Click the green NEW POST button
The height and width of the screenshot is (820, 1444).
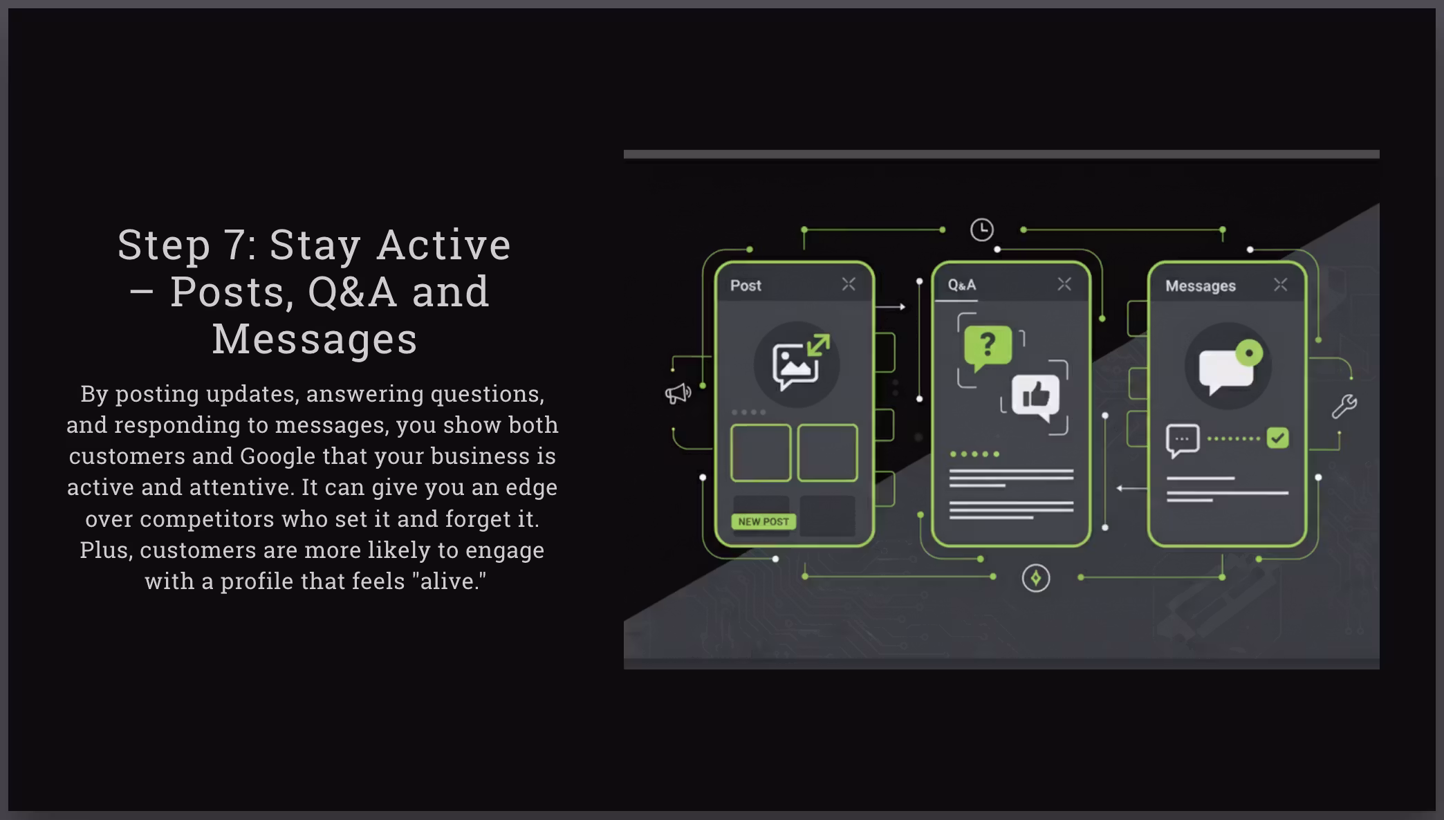tap(763, 521)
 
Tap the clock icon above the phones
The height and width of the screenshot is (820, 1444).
tap(982, 230)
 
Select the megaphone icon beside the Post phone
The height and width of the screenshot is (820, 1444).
tap(678, 393)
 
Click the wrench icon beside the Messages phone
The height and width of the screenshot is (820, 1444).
tap(1344, 407)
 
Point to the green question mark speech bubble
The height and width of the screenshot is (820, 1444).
tap(988, 346)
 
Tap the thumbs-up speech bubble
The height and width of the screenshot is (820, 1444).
tap(1035, 396)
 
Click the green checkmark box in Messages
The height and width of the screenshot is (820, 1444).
tap(1277, 438)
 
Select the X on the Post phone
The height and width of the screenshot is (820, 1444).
tap(849, 284)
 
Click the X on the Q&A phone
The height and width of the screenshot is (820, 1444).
tap(1064, 284)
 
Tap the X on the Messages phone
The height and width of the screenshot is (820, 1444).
tap(1281, 285)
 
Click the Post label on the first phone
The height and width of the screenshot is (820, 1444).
tap(746, 286)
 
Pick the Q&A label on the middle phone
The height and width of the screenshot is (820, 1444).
tap(962, 285)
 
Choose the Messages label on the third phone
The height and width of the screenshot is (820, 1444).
tap(1201, 286)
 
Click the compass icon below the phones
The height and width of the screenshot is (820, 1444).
tap(1036, 578)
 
